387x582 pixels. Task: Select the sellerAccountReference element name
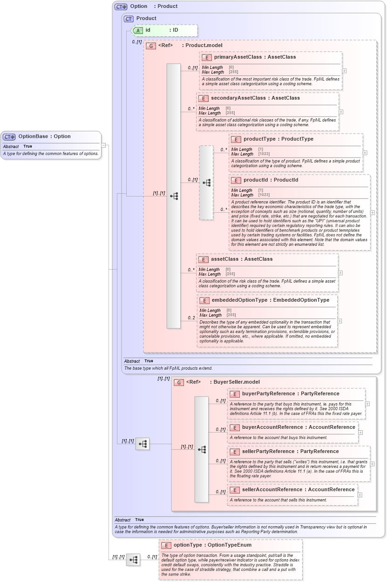pos(272,490)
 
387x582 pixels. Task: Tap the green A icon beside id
pos(138,30)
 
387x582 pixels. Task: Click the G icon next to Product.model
pos(150,46)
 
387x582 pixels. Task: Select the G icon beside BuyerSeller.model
pos(179,382)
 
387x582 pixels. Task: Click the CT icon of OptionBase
pos(9,137)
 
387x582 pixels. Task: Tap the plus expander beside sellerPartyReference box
pos(372,464)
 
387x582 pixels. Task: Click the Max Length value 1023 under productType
pos(265,154)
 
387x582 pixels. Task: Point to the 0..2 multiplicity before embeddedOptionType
pos(191,318)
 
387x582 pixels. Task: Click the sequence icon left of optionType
pos(133,560)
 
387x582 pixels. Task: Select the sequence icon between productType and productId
pos(206,183)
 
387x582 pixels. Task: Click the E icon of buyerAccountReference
pos(235,428)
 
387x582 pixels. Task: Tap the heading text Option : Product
pos(154,7)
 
